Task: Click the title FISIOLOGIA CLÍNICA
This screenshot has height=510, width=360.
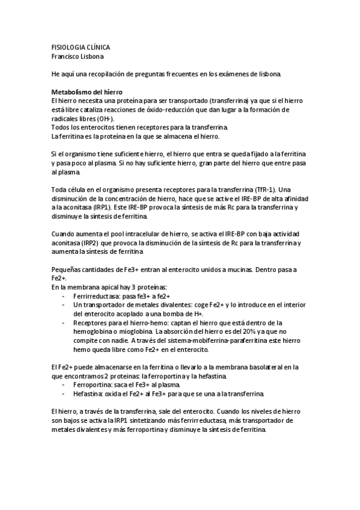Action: point(80,46)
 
